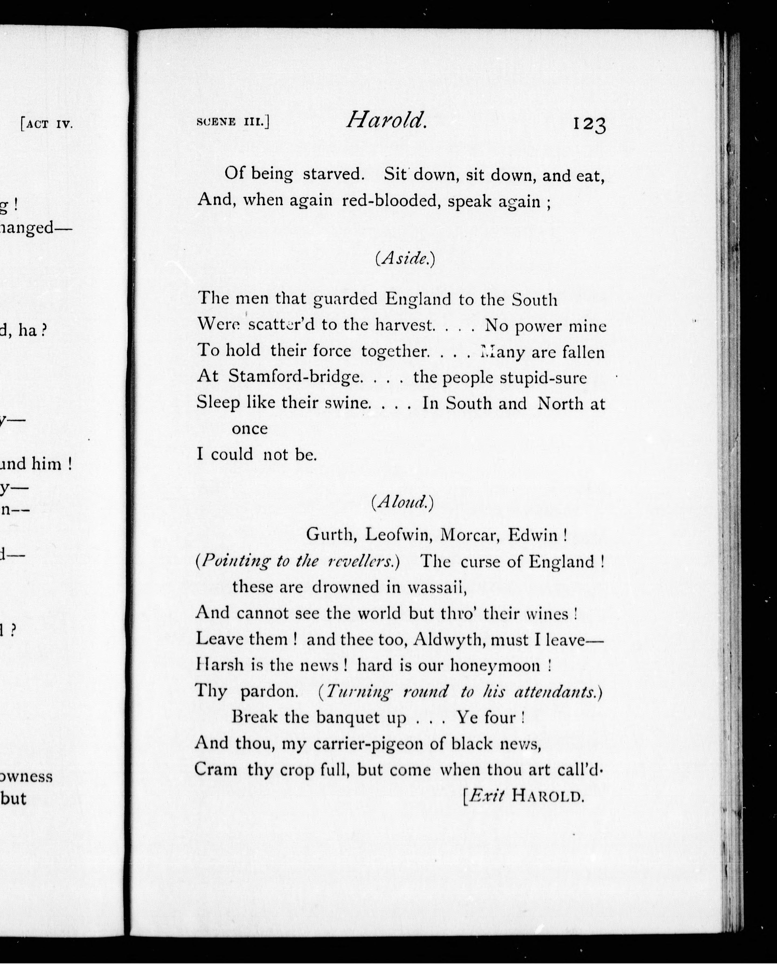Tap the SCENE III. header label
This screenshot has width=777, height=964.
click(x=233, y=122)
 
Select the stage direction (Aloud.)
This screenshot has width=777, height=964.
click(x=403, y=502)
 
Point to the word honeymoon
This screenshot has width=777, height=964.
click(x=495, y=666)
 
